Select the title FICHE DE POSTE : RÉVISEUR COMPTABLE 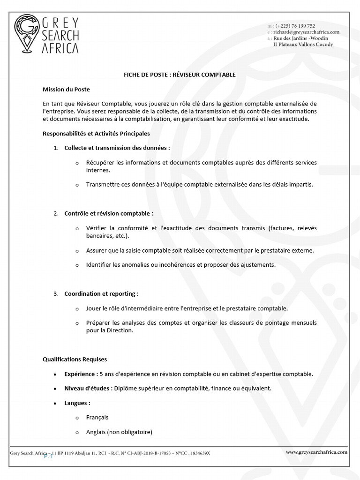pos(180,75)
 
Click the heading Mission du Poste pos(66,89)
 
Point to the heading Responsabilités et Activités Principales pos(96,134)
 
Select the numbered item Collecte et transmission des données pos(117,148)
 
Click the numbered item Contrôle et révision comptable pos(109,213)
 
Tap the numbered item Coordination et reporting pos(101,294)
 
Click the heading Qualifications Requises pos(75,360)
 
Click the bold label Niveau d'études pos(88,389)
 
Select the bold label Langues pos(77,403)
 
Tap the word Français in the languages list pos(97,417)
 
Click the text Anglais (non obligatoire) pos(119,432)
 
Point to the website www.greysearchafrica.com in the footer pos(316,452)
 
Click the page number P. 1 pos(49,457)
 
